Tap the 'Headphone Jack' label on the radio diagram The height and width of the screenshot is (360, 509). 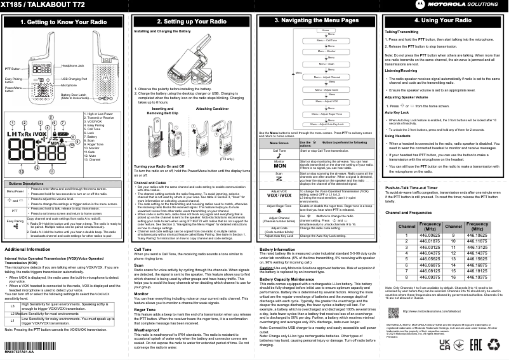pyautogui.click(x=72, y=66)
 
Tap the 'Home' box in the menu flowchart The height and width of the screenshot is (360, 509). pyautogui.click(x=325, y=30)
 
